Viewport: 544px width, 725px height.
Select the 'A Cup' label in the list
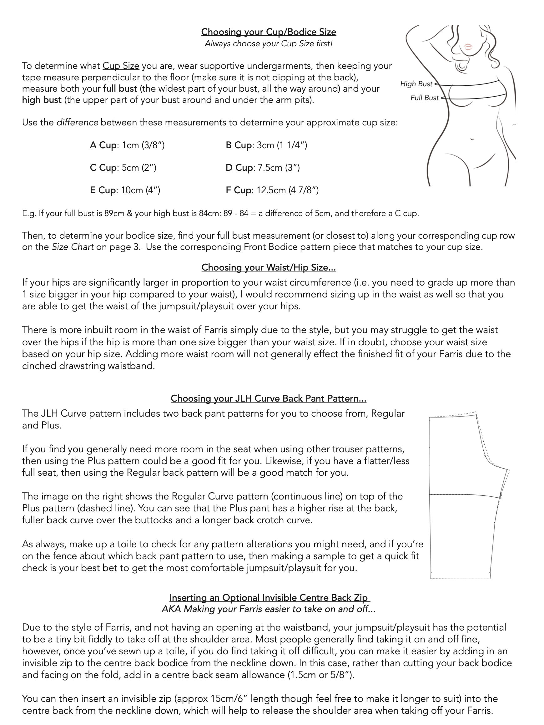pos(103,145)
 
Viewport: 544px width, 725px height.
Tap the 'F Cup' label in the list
pos(238,190)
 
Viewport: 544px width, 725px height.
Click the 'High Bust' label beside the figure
pos(416,84)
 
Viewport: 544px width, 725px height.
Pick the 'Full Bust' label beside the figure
pos(424,98)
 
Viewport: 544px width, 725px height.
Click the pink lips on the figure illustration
pos(468,46)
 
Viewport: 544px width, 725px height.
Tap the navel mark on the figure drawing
pos(472,139)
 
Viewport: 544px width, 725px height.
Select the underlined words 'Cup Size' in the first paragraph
pos(121,66)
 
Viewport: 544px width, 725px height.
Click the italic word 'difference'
pos(77,123)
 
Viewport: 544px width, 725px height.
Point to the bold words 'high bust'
pos(42,100)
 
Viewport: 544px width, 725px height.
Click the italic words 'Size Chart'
pos(73,247)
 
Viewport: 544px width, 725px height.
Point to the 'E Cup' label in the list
pos(103,190)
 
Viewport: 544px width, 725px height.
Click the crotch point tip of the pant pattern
pos(509,470)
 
